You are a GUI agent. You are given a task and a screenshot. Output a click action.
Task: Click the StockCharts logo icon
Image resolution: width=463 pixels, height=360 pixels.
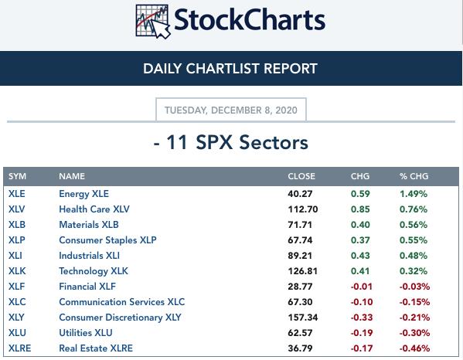click(x=153, y=22)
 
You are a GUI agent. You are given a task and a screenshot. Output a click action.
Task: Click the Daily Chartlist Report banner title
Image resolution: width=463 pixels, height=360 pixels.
click(x=230, y=69)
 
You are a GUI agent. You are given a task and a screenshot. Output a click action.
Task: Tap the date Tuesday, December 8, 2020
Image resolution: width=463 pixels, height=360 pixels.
click(x=231, y=110)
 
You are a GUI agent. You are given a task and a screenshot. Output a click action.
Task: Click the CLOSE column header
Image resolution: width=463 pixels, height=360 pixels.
click(x=301, y=176)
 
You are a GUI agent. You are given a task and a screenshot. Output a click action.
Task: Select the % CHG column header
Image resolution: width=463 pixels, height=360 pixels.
click(x=414, y=176)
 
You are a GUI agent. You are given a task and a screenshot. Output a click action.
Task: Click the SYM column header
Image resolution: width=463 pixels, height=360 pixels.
click(x=17, y=176)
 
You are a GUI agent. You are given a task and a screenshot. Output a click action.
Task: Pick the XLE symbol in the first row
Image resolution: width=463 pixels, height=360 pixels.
click(x=16, y=194)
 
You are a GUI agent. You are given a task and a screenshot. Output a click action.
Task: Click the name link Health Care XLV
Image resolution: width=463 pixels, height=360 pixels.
click(x=94, y=209)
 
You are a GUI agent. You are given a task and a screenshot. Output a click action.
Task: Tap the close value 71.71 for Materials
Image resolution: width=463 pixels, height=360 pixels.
click(x=300, y=225)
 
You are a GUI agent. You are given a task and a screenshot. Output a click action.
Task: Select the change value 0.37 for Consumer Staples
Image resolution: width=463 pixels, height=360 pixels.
click(x=360, y=240)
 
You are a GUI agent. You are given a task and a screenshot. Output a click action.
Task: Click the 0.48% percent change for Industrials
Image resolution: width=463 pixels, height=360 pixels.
click(x=414, y=256)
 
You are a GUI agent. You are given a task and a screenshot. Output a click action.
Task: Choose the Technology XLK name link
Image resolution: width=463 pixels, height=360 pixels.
click(x=94, y=271)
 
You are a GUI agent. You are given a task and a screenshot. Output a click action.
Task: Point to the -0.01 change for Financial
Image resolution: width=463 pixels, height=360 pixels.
click(x=361, y=287)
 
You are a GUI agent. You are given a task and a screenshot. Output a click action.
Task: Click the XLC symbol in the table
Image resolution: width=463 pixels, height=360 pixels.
click(x=17, y=302)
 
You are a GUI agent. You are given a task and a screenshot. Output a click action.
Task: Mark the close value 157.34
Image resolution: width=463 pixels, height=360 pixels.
click(x=303, y=318)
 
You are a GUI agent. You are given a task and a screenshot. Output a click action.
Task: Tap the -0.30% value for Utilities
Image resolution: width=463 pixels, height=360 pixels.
click(x=414, y=333)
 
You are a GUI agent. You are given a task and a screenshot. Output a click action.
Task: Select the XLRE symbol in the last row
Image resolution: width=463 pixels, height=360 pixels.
click(x=20, y=348)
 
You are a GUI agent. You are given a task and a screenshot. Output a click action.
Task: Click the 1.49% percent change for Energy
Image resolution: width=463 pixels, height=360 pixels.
click(x=414, y=194)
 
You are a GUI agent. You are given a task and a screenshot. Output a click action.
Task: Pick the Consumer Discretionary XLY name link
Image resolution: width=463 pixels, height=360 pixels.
click(x=120, y=318)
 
